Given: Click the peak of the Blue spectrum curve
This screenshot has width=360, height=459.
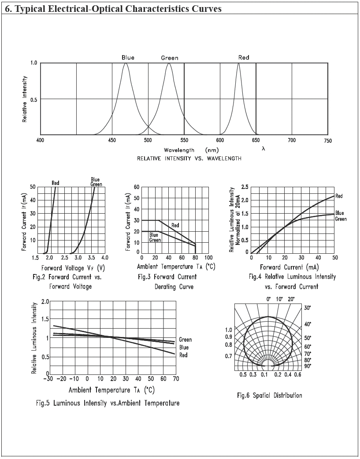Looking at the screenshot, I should (x=126, y=63).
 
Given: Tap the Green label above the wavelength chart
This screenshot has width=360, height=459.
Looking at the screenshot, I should (x=169, y=58).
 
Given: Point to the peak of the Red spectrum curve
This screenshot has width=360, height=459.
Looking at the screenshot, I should (x=238, y=63).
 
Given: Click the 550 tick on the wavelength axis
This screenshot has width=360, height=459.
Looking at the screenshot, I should (x=184, y=141).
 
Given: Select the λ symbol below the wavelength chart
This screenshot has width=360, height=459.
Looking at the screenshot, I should (x=263, y=149).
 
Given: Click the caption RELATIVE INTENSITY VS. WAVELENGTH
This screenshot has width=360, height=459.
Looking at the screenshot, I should (x=189, y=159).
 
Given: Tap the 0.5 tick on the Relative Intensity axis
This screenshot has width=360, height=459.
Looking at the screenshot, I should (x=33, y=99).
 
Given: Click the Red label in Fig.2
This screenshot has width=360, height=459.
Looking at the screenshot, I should (x=56, y=183).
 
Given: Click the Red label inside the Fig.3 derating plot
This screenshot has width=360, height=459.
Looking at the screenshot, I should (x=175, y=225).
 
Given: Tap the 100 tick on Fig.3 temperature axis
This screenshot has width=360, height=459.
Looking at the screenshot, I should (x=208, y=257).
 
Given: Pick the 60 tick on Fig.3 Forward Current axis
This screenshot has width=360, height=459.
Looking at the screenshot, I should (x=136, y=187).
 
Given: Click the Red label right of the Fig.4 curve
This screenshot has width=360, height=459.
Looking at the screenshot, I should (x=339, y=196).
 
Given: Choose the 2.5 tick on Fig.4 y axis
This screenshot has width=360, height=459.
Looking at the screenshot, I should (x=245, y=187).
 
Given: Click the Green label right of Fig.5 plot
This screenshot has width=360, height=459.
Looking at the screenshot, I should (x=185, y=340).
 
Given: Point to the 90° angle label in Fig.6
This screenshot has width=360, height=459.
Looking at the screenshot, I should (x=308, y=366).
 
